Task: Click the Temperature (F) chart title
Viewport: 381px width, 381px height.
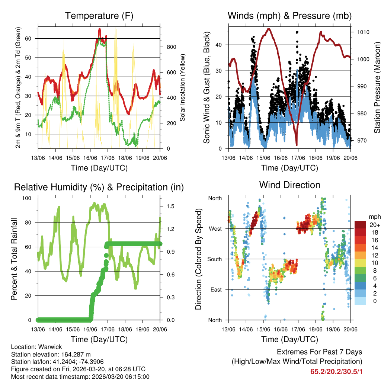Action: coord(99,16)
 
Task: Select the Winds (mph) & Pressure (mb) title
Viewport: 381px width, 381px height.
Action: coord(289,16)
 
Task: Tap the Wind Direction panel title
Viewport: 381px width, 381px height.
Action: coord(289,185)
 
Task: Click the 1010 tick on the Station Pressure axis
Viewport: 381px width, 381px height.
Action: coord(363,32)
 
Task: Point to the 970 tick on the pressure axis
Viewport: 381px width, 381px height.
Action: coord(361,141)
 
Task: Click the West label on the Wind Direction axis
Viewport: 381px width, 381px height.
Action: coord(215,228)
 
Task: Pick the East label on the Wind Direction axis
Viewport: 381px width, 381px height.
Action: coord(216,289)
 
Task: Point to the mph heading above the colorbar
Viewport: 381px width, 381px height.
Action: coord(374,217)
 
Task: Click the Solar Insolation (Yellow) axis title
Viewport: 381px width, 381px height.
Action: coord(183,88)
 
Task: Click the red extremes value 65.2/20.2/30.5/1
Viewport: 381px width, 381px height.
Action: coord(336,371)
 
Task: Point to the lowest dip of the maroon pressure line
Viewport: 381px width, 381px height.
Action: coord(297,145)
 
